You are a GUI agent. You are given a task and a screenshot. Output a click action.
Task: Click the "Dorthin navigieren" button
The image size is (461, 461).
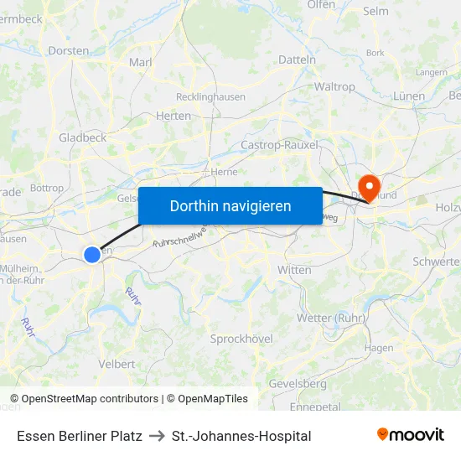(230, 205)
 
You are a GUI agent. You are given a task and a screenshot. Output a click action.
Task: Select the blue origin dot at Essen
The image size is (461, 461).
(92, 254)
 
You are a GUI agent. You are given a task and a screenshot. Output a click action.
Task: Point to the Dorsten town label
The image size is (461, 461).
(69, 50)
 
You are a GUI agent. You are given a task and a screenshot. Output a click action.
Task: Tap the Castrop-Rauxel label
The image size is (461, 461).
(279, 145)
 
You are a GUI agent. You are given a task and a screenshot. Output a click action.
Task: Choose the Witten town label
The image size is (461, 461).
(294, 270)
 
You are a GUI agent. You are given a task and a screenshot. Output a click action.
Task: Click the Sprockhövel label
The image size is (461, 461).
(241, 338)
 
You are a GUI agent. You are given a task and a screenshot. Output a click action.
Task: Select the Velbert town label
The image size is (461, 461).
(117, 364)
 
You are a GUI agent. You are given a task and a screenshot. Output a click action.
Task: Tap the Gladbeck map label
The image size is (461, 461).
(82, 137)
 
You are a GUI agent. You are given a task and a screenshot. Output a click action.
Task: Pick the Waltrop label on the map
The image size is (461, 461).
(334, 86)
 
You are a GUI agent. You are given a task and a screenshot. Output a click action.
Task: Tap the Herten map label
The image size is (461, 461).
(174, 116)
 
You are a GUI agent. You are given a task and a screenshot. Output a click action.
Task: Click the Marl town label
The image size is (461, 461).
(140, 62)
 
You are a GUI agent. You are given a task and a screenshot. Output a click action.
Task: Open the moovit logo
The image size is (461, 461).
(410, 435)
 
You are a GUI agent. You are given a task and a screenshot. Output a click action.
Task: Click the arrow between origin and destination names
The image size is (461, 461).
(157, 436)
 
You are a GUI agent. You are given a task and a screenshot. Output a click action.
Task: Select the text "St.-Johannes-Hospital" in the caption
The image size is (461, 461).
(241, 436)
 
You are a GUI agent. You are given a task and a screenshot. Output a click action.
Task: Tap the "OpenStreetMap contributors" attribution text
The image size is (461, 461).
(90, 399)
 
